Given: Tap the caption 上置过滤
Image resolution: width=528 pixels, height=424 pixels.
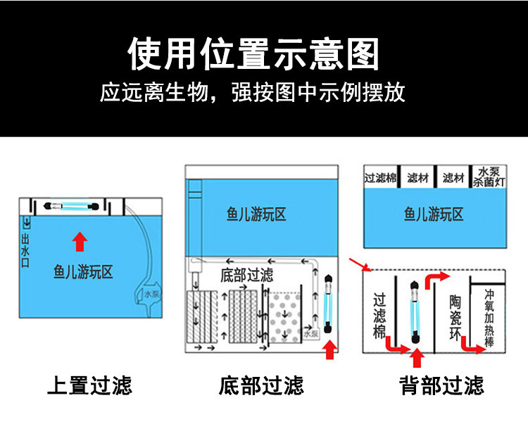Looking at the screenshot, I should (x=89, y=385).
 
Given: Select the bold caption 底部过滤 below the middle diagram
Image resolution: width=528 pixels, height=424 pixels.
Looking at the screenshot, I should (x=261, y=385).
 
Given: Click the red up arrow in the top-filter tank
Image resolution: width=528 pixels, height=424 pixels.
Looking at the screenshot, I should (x=80, y=242).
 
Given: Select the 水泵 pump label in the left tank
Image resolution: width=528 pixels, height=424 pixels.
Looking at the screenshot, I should (x=151, y=295).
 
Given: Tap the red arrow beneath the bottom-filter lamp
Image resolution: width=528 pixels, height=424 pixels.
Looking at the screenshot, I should (x=328, y=349).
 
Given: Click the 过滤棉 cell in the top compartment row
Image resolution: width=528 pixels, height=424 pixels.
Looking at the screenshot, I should (x=380, y=178).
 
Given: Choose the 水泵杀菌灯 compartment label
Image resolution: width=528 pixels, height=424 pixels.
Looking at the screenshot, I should (x=490, y=176).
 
